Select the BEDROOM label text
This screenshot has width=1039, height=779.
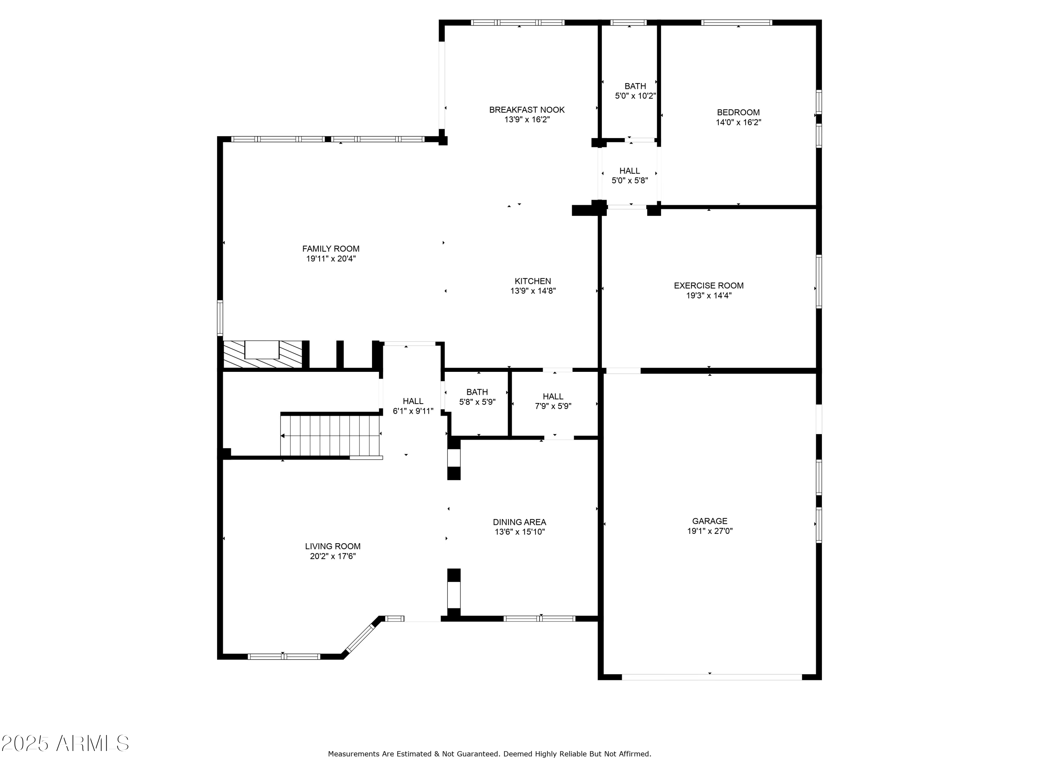tap(738, 113)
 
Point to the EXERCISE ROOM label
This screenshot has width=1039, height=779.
tap(708, 286)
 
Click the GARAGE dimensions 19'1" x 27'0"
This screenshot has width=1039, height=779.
tap(709, 531)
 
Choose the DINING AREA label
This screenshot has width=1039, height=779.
tap(519, 522)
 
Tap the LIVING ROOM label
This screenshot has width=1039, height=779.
tap(332, 546)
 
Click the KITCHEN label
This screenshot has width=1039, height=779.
tap(532, 281)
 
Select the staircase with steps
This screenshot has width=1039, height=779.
tap(331, 435)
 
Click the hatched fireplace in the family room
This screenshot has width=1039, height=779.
tap(262, 355)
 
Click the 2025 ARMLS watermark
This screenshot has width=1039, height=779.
tap(65, 743)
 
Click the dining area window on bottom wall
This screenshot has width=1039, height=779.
tap(539, 618)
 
